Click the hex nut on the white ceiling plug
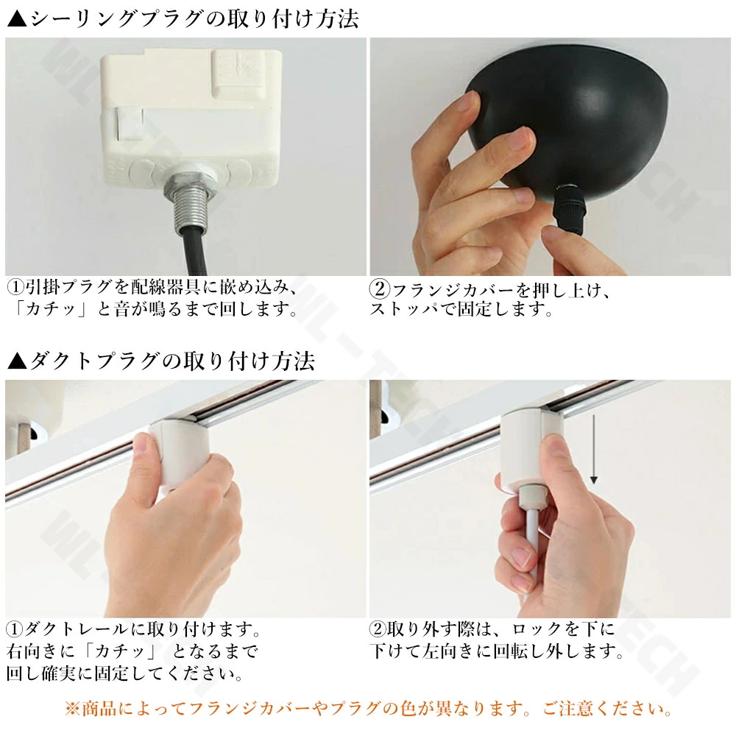click(x=191, y=184)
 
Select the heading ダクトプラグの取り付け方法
click(x=172, y=361)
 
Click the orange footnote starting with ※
click(x=368, y=708)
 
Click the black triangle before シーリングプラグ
click(x=18, y=19)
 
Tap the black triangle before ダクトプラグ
click(x=18, y=361)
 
